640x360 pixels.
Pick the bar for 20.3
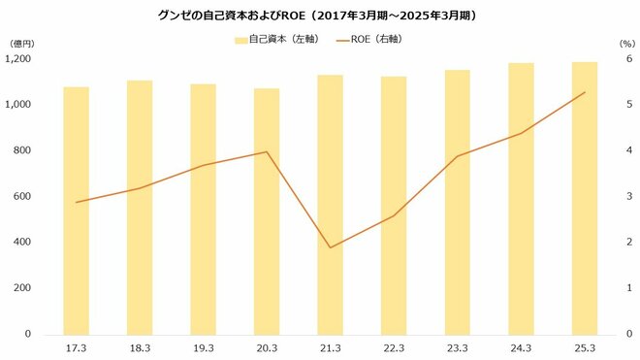click(x=267, y=211)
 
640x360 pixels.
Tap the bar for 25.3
click(x=585, y=198)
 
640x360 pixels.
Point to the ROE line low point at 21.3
click(x=330, y=247)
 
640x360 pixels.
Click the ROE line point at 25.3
click(x=585, y=92)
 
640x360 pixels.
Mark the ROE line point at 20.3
click(x=267, y=151)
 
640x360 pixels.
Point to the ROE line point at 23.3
click(x=458, y=156)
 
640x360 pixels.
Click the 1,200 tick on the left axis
click(x=19, y=59)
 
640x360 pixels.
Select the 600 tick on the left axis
click(x=22, y=196)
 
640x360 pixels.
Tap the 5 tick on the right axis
click(x=628, y=105)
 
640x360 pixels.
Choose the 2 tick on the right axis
click(x=628, y=243)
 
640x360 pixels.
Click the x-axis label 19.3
click(x=203, y=346)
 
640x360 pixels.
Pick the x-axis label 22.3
click(x=394, y=346)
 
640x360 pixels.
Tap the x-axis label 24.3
click(x=521, y=346)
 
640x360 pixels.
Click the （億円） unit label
click(x=21, y=45)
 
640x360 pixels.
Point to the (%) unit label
click(x=625, y=45)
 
